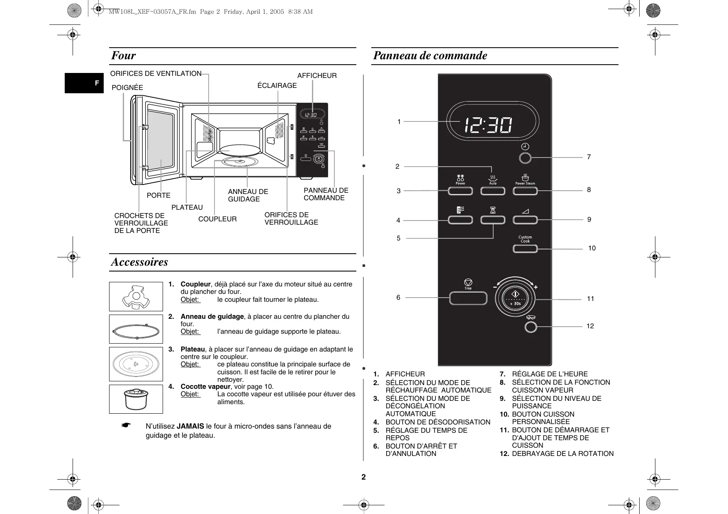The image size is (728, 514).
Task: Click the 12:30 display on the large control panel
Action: [488, 125]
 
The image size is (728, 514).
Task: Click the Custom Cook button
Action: [525, 249]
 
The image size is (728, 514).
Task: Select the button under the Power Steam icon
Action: [525, 191]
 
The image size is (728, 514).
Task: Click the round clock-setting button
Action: [525, 158]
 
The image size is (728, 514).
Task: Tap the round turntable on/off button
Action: [531, 327]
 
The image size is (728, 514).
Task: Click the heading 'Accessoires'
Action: [139, 262]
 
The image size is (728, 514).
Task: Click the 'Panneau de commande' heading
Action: [430, 56]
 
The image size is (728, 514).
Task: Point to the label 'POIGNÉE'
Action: [127, 87]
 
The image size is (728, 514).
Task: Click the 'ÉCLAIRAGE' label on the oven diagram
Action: [277, 85]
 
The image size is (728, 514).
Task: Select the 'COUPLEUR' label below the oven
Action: [217, 219]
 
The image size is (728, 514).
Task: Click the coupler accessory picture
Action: [136, 296]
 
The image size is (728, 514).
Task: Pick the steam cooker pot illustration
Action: [136, 399]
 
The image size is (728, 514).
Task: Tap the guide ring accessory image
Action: [136, 329]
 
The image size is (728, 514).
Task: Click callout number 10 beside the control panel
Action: [592, 248]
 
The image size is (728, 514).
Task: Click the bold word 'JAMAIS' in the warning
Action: [190, 426]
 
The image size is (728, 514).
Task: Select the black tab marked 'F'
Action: [84, 83]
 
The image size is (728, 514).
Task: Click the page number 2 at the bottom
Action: [364, 477]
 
